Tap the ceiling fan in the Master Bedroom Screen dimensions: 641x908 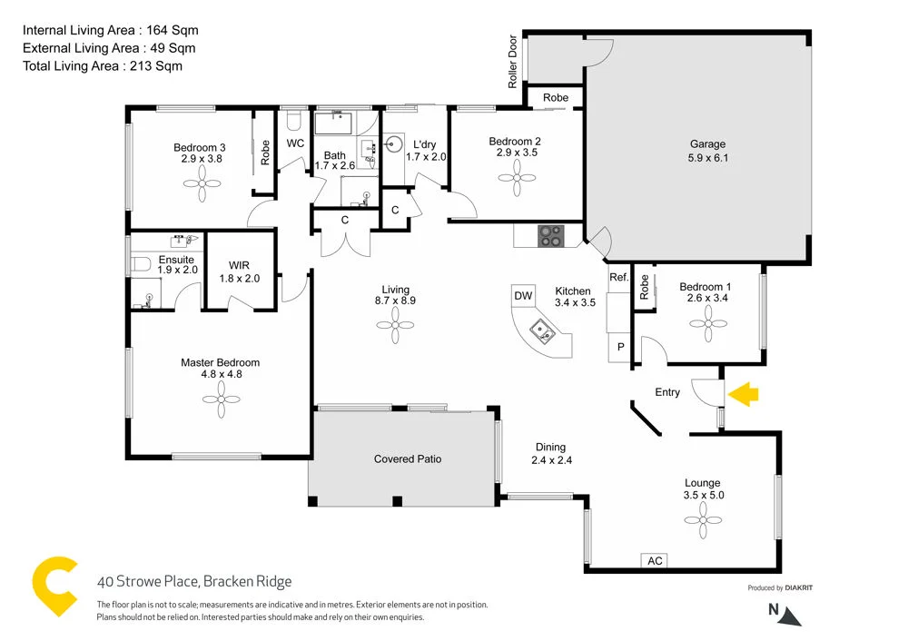[x=219, y=398]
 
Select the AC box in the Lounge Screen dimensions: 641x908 [x=655, y=561]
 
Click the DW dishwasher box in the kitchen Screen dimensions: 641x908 [x=523, y=295]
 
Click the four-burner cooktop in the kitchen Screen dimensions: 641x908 [x=550, y=235]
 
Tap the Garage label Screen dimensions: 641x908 [x=707, y=143]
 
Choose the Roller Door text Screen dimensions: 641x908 [x=513, y=63]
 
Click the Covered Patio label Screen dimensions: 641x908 [x=408, y=459]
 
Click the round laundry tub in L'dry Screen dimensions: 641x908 [x=394, y=143]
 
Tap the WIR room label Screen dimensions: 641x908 [x=240, y=267]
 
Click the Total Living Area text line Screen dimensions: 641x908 [x=102, y=65]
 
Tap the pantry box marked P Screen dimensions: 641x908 [x=621, y=347]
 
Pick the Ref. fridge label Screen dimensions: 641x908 [x=619, y=277]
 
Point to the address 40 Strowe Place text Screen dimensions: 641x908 [x=194, y=582]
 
